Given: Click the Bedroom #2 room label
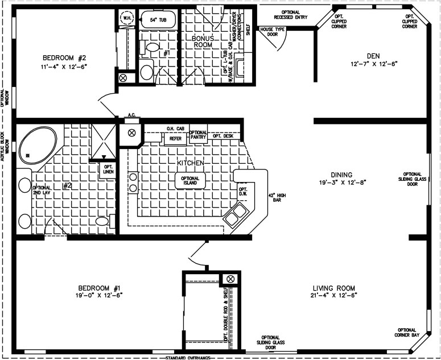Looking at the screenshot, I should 63,57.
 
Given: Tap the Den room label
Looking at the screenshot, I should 373,55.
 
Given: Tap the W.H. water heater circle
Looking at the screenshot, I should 127,18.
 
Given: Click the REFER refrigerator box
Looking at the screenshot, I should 175,138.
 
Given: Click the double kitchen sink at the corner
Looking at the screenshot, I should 236,214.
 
